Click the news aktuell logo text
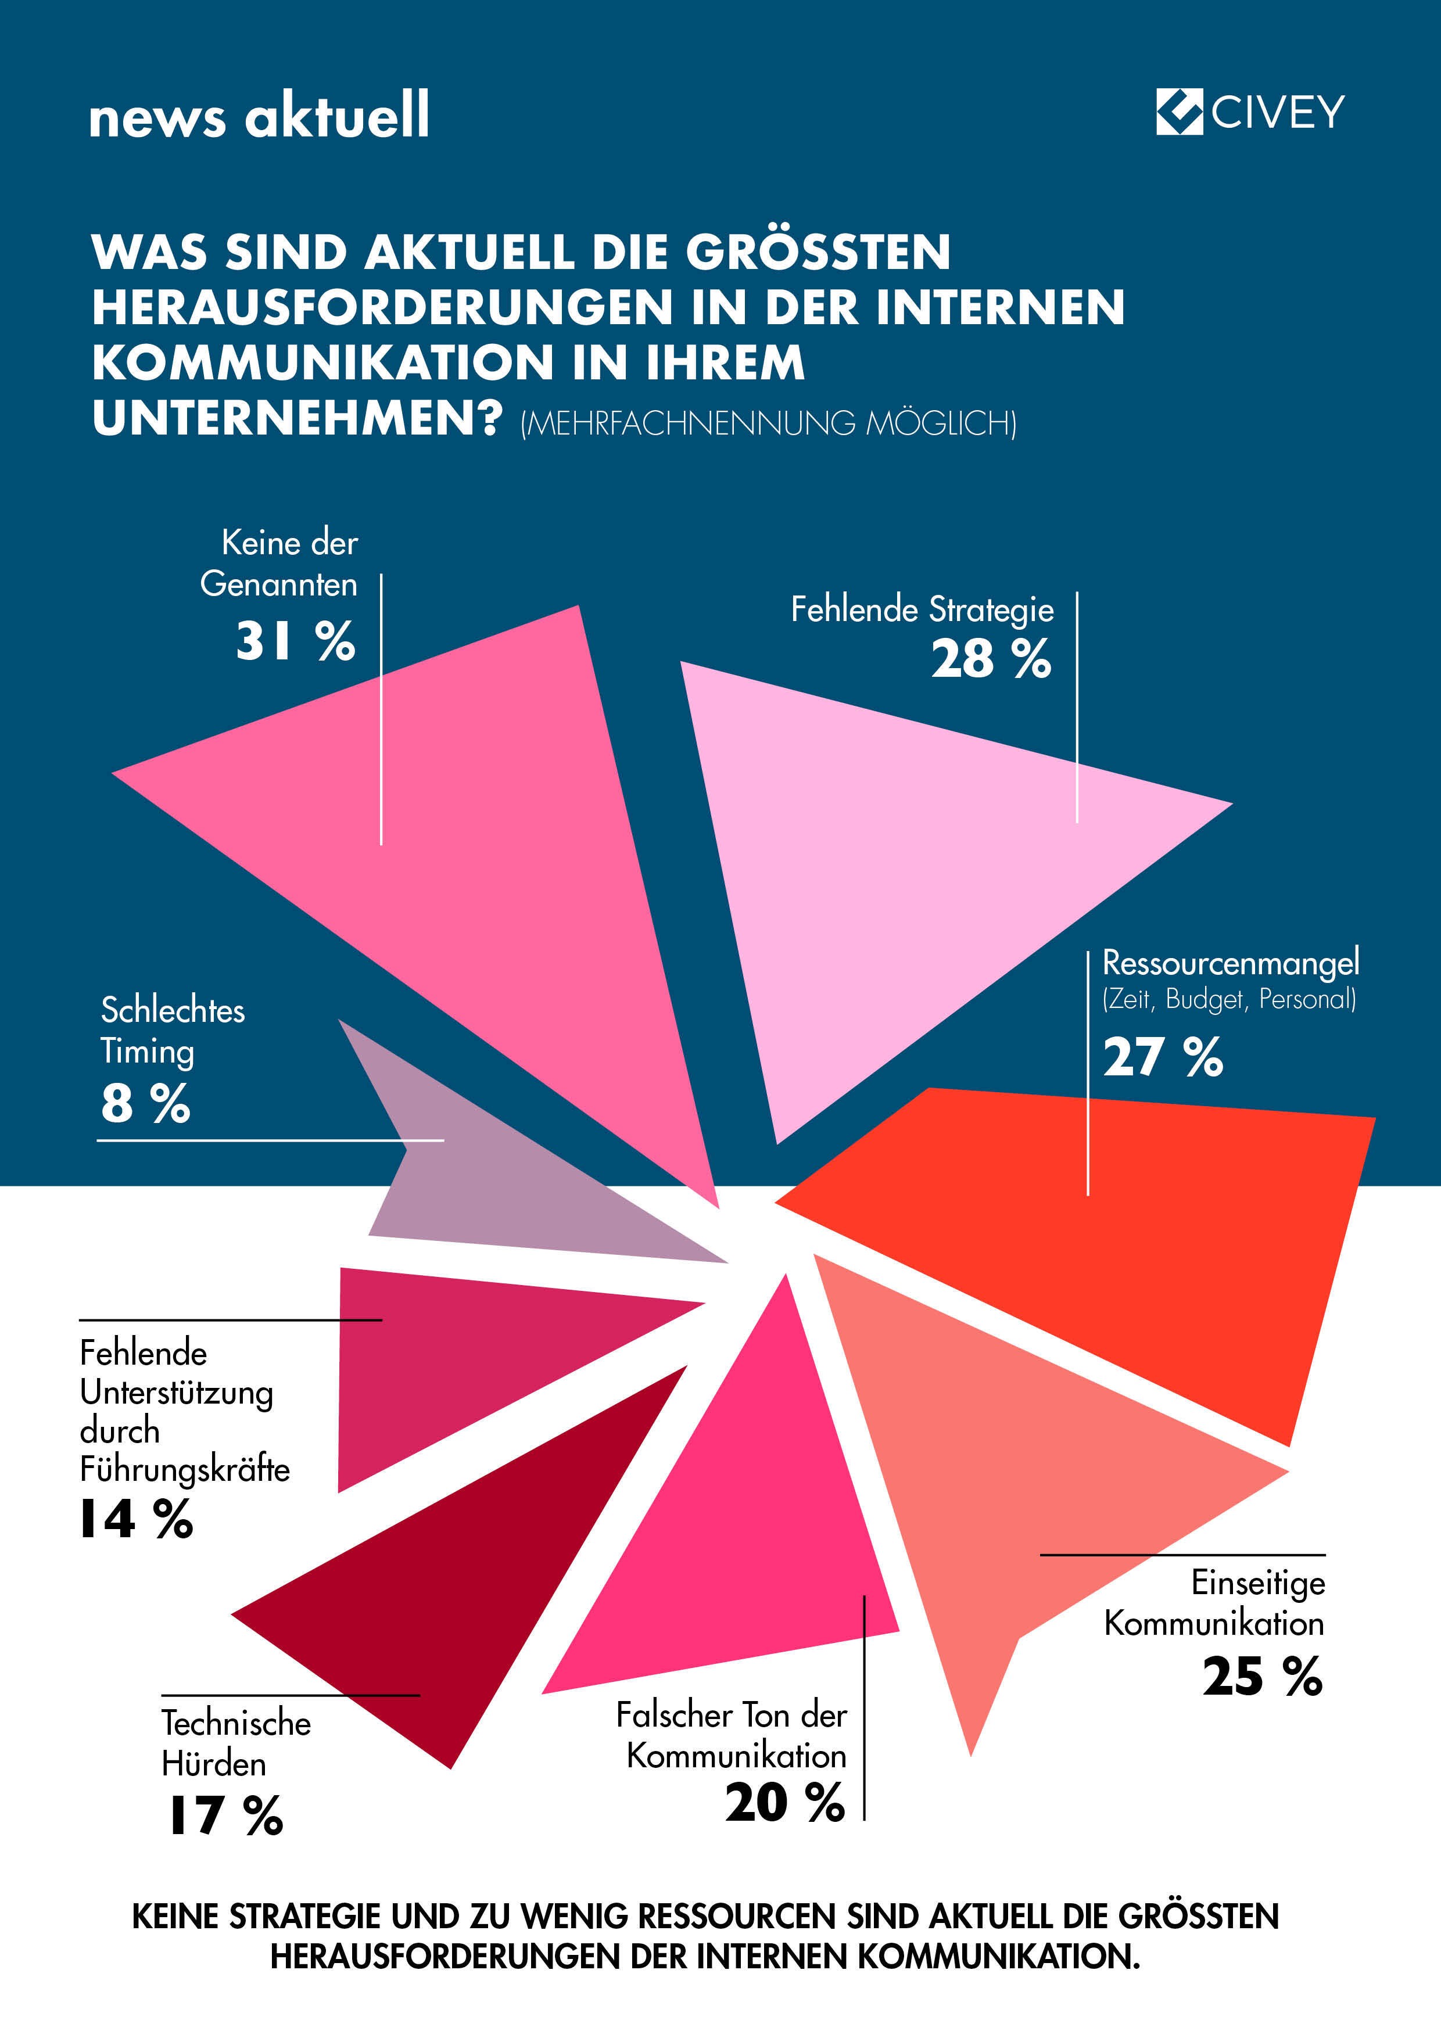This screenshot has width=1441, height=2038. (x=259, y=116)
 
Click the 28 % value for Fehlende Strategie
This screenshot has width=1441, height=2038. (x=991, y=659)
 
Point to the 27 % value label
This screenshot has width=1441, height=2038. (x=1162, y=1057)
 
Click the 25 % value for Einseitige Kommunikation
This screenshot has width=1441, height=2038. (x=1261, y=1677)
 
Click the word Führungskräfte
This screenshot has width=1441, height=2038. (x=185, y=1469)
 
